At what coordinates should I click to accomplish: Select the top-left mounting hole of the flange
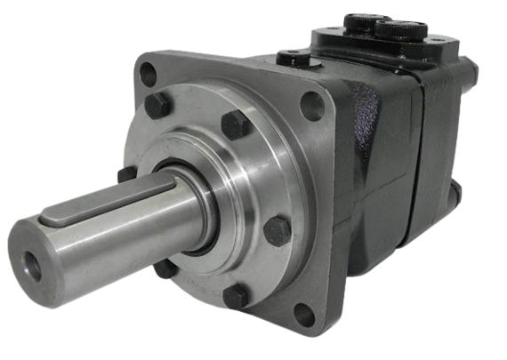pos(149,75)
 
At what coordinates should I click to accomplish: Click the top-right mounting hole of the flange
pos(312,107)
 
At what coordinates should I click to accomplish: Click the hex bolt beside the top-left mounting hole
pos(158,106)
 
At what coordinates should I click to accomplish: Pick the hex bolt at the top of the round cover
pos(236,124)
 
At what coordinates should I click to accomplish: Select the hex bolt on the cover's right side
pos(278,231)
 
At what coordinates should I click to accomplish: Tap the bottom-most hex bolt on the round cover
pos(236,296)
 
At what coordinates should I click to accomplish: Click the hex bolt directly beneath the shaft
pos(165,268)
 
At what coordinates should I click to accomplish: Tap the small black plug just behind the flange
pos(293,60)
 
